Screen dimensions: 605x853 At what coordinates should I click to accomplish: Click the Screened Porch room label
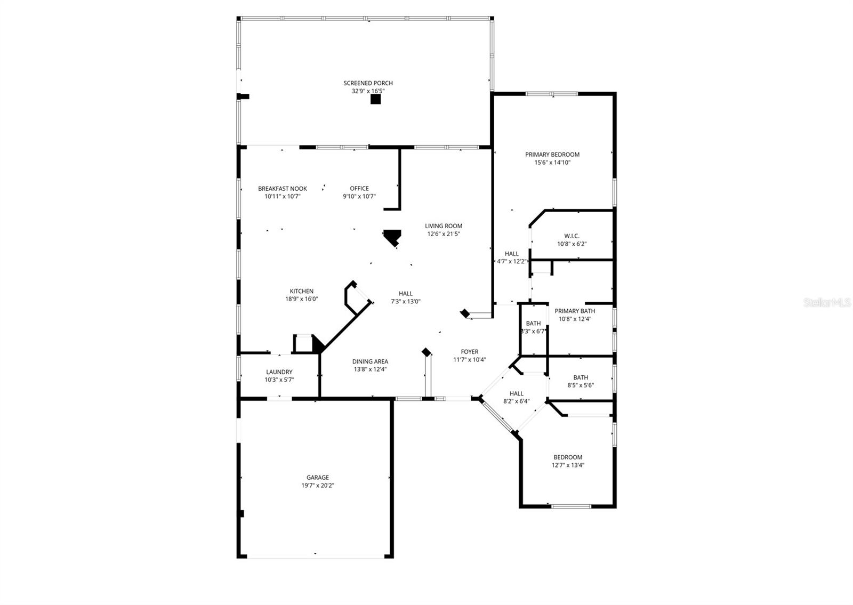tap(368, 83)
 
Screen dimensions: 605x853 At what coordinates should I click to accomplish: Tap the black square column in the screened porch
tap(375, 99)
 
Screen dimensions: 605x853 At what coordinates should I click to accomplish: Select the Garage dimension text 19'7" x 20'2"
tap(317, 486)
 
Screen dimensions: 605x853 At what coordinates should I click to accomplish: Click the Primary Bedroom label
tap(552, 155)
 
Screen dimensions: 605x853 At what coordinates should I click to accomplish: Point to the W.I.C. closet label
tap(572, 236)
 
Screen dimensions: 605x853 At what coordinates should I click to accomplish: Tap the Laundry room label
tap(279, 372)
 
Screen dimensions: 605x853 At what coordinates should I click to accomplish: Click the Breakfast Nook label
tap(282, 189)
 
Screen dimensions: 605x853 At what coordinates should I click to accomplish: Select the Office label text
tap(359, 189)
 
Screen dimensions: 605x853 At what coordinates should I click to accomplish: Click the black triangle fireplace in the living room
tap(393, 236)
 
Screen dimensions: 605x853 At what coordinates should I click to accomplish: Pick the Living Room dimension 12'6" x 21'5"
tap(443, 233)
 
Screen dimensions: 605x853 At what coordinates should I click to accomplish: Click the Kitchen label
tap(301, 291)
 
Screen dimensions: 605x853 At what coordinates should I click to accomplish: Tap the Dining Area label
tap(370, 361)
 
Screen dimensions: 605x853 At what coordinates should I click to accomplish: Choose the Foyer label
tap(469, 352)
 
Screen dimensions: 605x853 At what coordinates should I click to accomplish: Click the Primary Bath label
tap(574, 311)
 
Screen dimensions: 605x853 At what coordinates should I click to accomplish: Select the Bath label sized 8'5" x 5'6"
tap(581, 377)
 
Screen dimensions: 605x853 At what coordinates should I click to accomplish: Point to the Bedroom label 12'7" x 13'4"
tap(567, 457)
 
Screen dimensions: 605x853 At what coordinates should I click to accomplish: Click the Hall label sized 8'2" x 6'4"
tap(516, 393)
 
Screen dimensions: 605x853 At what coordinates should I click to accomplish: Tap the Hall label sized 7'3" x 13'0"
tap(405, 293)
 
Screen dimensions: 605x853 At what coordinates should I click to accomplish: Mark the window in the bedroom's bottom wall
tap(571, 506)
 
